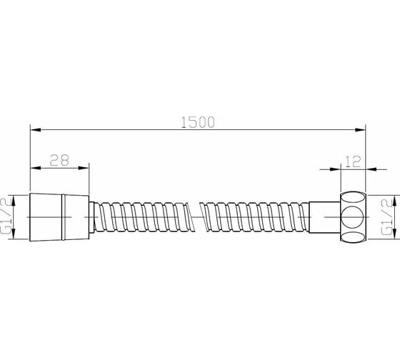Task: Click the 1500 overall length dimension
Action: [x=198, y=122]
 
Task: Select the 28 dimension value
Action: [x=59, y=161]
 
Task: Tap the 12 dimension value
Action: [x=353, y=161]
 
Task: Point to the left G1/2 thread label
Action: [x=6, y=216]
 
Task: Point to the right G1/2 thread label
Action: [x=386, y=217]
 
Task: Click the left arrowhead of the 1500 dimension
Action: [x=36, y=129]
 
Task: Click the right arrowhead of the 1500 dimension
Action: [x=360, y=129]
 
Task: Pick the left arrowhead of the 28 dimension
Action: [x=36, y=168]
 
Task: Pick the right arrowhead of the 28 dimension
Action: [x=84, y=168]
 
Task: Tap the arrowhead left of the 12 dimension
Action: [x=335, y=169]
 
